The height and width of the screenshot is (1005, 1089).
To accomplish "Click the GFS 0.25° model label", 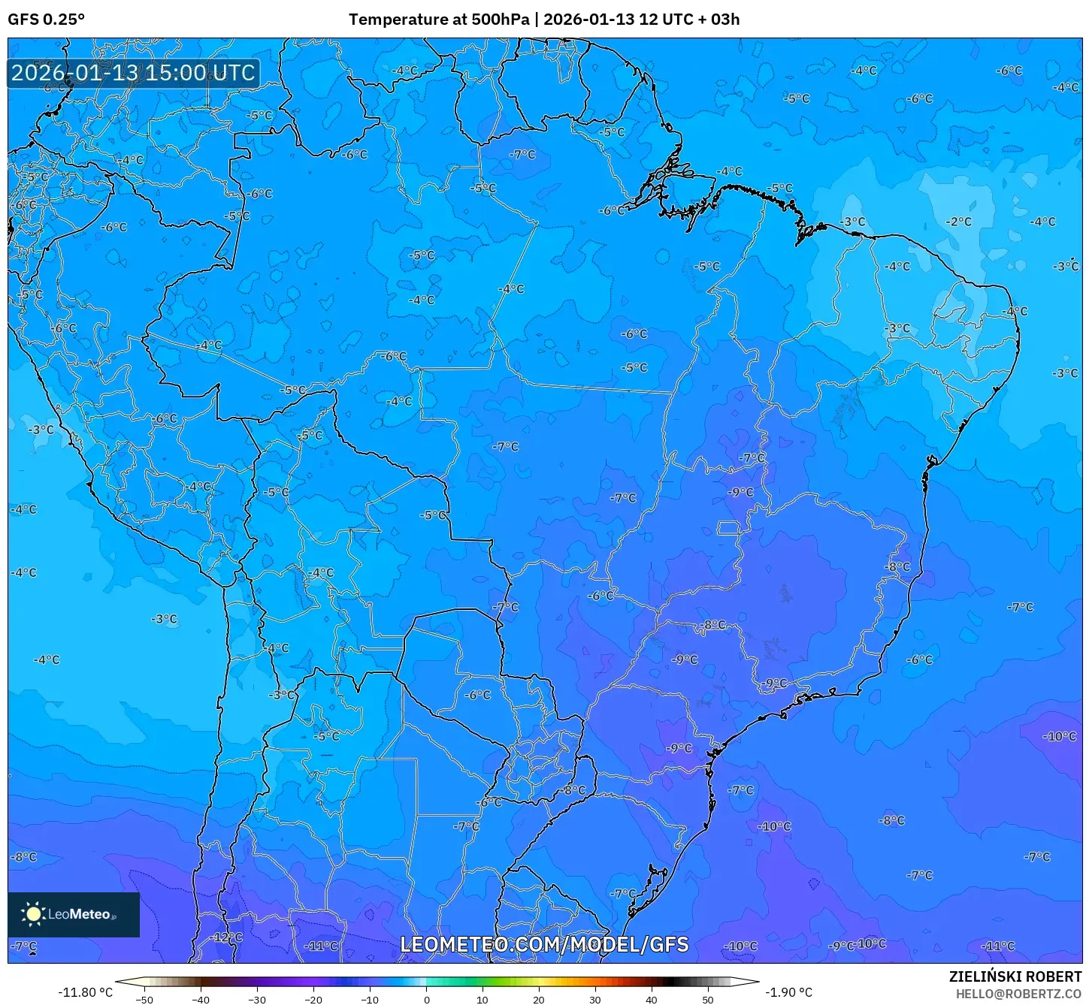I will point(46,20).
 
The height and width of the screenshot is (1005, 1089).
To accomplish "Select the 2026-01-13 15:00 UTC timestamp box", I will point(133,74).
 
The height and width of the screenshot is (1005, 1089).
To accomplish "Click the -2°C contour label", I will point(958,222).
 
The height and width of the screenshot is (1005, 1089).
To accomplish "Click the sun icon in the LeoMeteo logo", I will point(33,914).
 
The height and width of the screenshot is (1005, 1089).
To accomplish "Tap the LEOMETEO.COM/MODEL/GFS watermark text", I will point(544,944).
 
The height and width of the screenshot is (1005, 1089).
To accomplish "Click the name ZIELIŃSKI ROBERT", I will point(1015,976).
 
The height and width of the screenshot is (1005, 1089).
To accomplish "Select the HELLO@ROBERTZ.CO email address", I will point(1018,994).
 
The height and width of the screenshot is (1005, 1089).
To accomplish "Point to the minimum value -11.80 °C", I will point(85,992).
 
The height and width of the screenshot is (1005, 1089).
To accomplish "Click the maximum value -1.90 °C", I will point(788,992).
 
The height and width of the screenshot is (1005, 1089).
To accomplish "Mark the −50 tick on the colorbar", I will point(144,1000).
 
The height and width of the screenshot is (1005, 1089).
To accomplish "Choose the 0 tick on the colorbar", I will point(426,1000).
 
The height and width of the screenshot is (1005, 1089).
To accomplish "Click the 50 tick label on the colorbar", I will point(707,1000).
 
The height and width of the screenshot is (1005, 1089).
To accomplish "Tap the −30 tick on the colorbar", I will point(257,1000).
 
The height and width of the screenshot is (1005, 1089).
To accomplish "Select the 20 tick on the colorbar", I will point(539,1000).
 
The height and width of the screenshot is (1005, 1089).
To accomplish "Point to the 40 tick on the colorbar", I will point(651,1000).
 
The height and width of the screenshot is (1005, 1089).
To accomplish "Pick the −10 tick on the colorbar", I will point(370,1000).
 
